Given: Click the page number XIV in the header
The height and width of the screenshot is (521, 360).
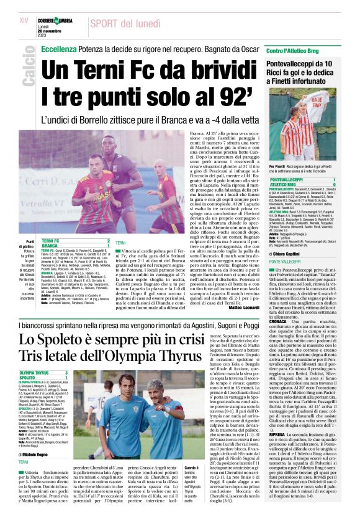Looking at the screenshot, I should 24,20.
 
